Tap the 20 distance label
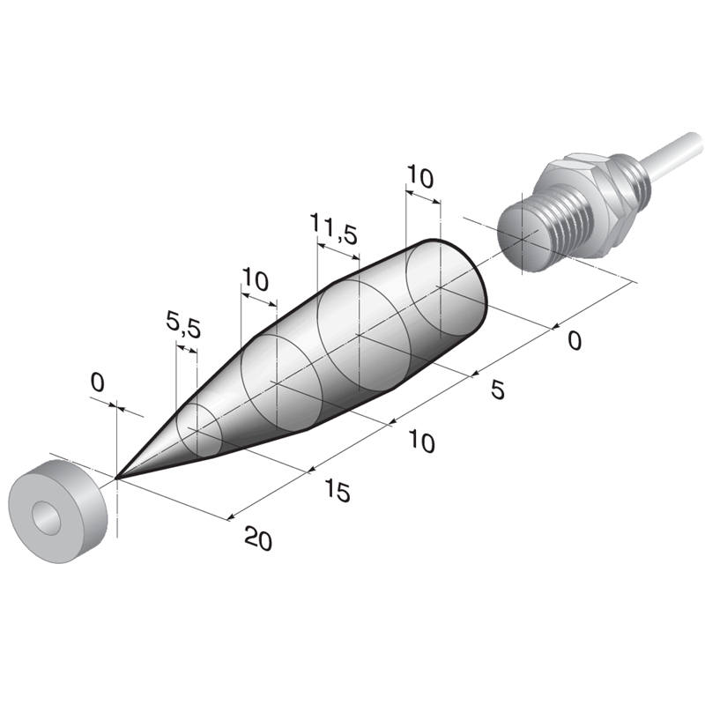click(258, 538)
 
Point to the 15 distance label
click(337, 490)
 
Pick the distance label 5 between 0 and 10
click(498, 390)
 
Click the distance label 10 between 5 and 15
click(422, 442)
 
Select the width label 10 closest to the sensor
click(420, 177)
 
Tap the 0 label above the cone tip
click(98, 382)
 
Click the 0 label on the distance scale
click(575, 340)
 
